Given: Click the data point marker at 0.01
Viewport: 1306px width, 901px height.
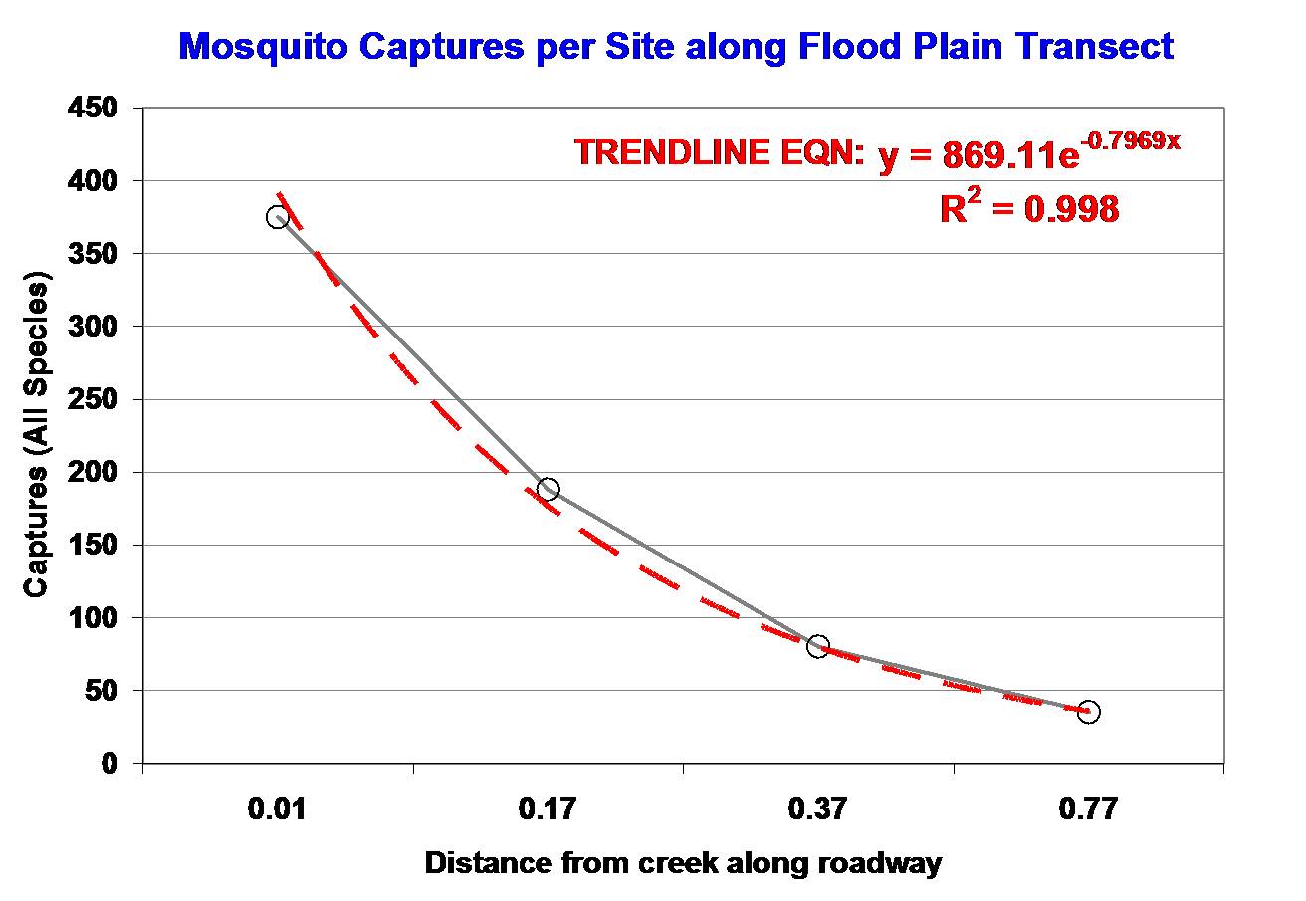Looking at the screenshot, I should pyautogui.click(x=278, y=217).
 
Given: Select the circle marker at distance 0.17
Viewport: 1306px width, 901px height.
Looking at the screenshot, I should pyautogui.click(x=547, y=489).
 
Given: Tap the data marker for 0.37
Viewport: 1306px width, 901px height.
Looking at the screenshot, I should pyautogui.click(x=818, y=647).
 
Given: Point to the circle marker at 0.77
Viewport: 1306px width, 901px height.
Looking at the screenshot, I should pyautogui.click(x=1089, y=712).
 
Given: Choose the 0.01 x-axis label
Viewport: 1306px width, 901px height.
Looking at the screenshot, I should pyautogui.click(x=277, y=808).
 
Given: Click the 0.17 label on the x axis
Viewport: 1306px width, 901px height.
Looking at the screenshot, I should pyautogui.click(x=547, y=808).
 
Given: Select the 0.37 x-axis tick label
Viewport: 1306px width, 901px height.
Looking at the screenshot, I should pyautogui.click(x=818, y=808).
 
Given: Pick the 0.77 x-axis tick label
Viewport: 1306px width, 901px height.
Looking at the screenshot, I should pyautogui.click(x=1089, y=808).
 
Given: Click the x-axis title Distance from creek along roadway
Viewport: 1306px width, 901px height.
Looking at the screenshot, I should pyautogui.click(x=683, y=862).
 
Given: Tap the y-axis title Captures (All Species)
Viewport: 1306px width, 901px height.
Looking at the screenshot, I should pyautogui.click(x=37, y=438).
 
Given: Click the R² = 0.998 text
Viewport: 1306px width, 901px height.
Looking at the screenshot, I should pyautogui.click(x=1029, y=208).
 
